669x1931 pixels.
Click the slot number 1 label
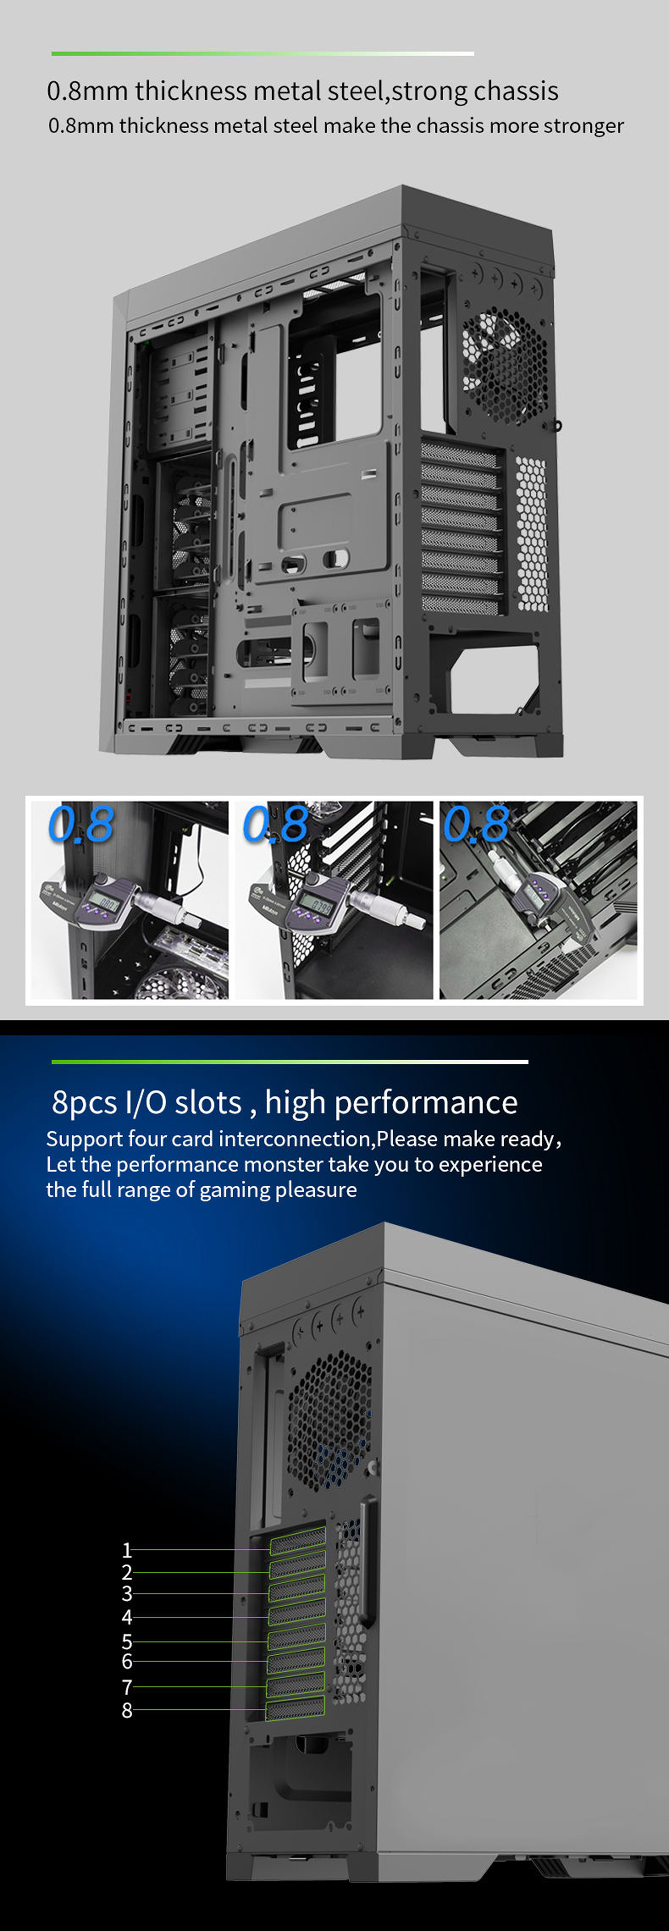pos(127,1549)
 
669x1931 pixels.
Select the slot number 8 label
pos(127,1710)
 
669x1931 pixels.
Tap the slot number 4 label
pos(127,1617)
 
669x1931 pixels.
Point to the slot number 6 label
pos(127,1661)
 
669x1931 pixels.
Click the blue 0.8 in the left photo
pos(80,825)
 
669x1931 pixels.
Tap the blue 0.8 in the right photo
pos(476,825)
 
